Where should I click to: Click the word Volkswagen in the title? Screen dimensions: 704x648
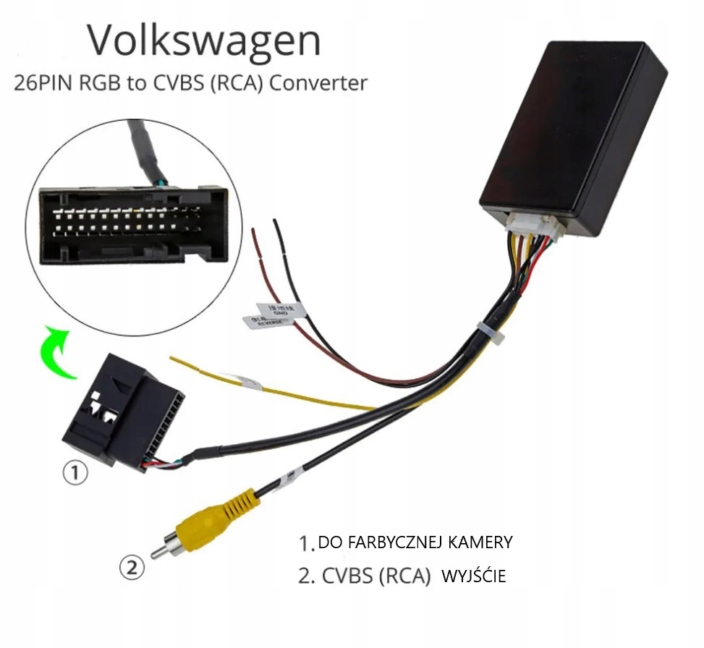(203, 42)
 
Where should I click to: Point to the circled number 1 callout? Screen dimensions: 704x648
(75, 474)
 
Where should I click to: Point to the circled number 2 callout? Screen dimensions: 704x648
(131, 568)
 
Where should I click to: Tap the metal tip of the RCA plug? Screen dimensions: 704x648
(158, 552)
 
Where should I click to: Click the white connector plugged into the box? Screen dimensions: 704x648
(530, 226)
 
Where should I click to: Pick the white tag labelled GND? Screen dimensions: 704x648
(282, 310)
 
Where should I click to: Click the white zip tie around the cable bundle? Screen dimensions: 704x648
(493, 334)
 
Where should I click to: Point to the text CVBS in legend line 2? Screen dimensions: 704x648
(345, 576)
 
